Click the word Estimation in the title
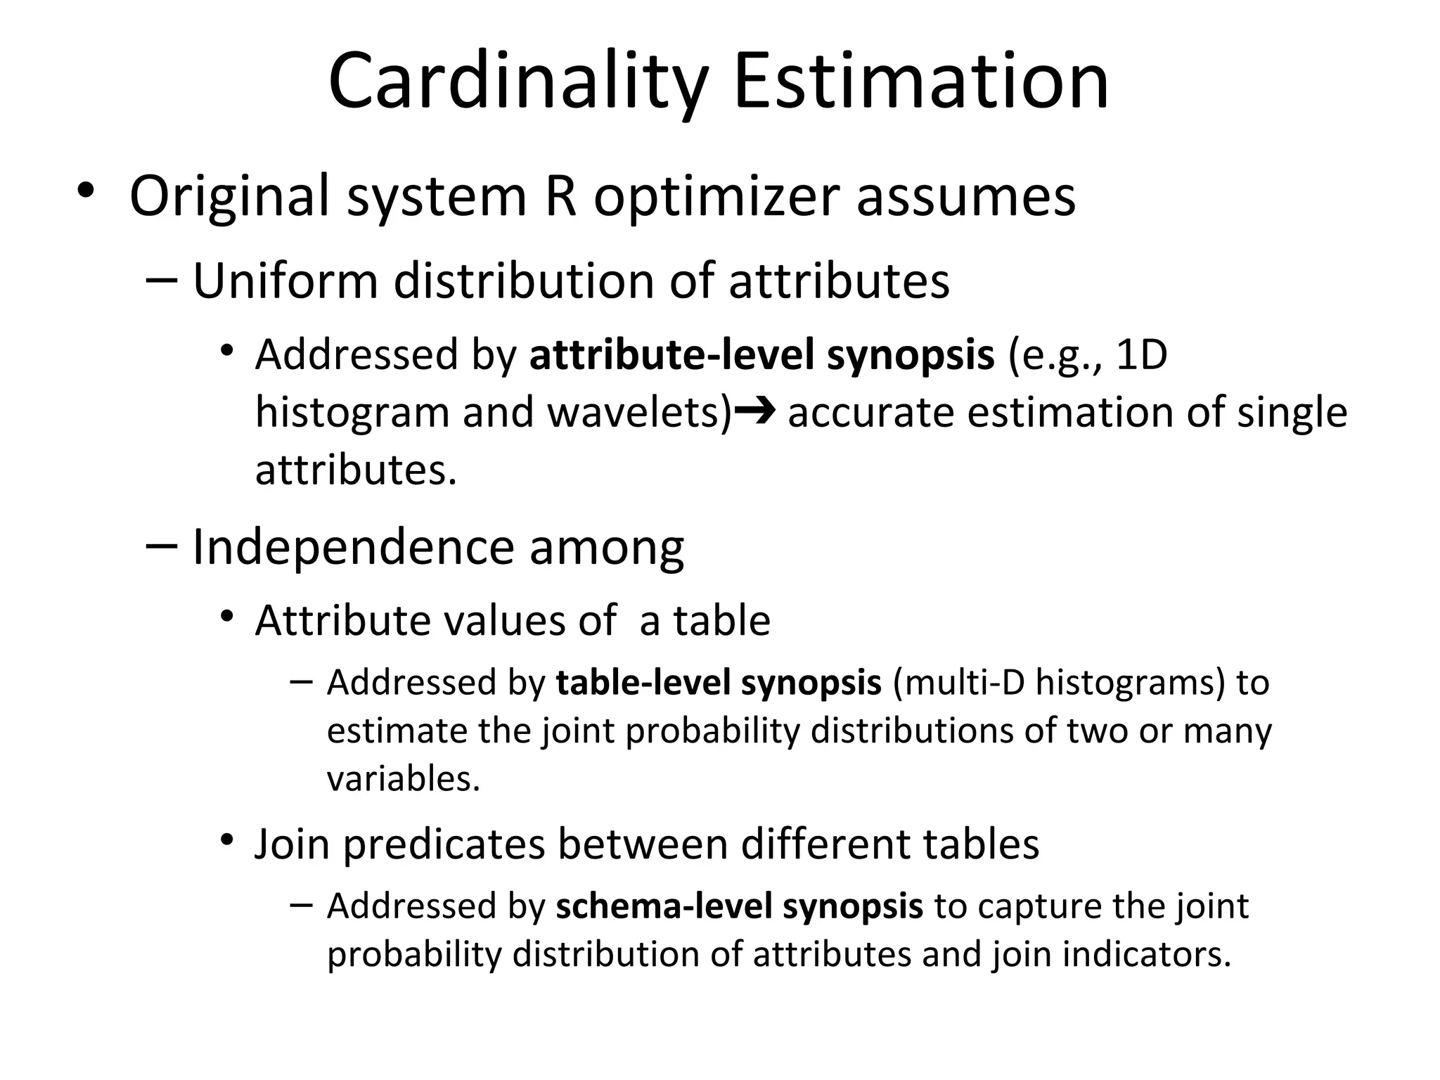click(x=921, y=83)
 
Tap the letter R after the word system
click(x=560, y=197)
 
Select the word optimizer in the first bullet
click(x=716, y=197)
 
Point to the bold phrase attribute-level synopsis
click(x=761, y=354)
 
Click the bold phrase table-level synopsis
click(x=718, y=683)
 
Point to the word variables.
click(x=403, y=779)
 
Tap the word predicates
click(x=444, y=844)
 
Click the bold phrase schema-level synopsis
click(x=739, y=906)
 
